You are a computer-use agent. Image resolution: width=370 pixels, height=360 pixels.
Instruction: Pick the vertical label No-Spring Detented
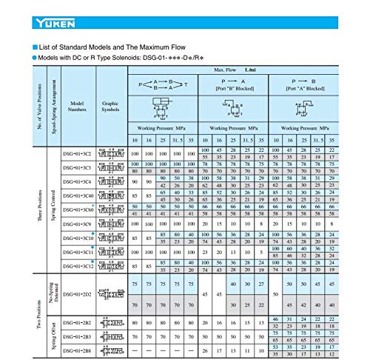tap(54, 294)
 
